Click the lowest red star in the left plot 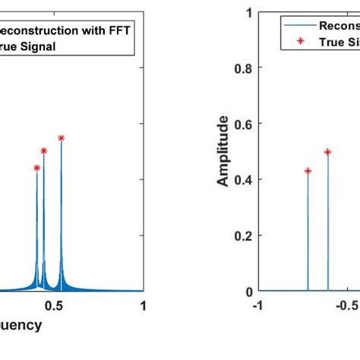(36, 167)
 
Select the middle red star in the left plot (44, 150)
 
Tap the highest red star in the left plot (61, 137)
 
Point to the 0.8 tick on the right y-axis (245, 68)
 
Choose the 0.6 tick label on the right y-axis (245, 124)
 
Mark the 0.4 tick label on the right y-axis (245, 179)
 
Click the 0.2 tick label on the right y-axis (245, 235)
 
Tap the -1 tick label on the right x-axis (259, 305)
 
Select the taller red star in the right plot (327, 152)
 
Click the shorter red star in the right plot (308, 171)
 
